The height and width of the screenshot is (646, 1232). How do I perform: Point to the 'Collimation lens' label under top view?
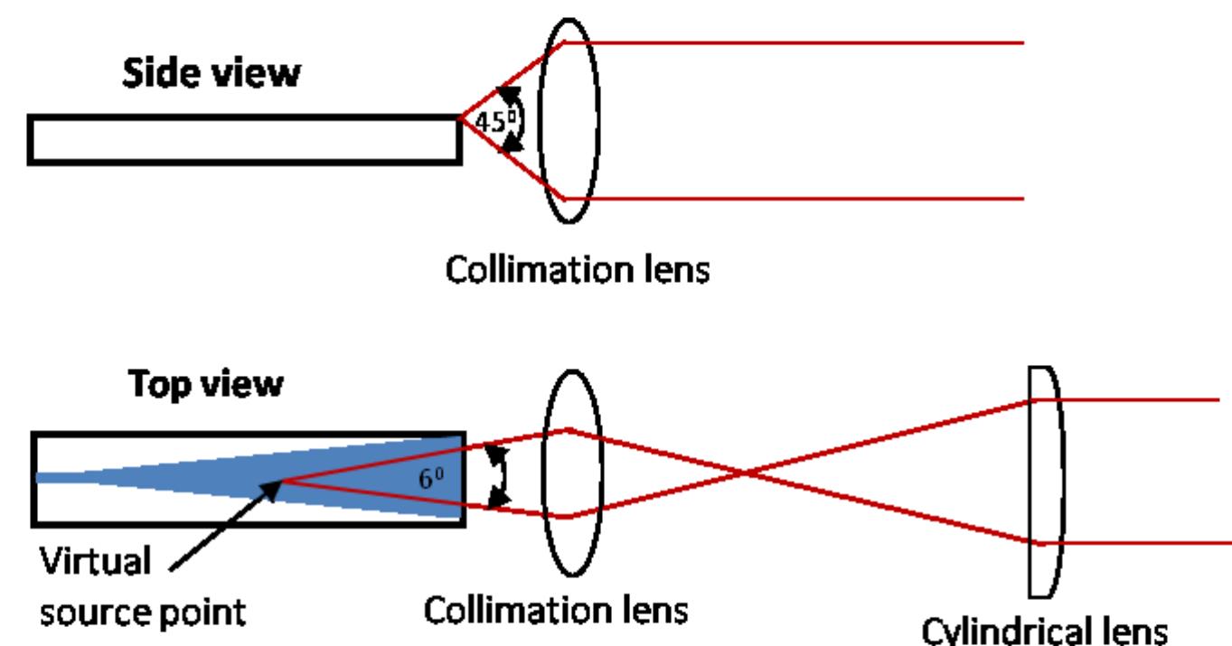557,609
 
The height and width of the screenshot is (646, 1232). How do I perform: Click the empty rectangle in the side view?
244,140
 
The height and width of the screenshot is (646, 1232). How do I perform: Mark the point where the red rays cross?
744,473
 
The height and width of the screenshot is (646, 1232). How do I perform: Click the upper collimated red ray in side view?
795,42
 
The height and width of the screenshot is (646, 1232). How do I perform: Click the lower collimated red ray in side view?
795,198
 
